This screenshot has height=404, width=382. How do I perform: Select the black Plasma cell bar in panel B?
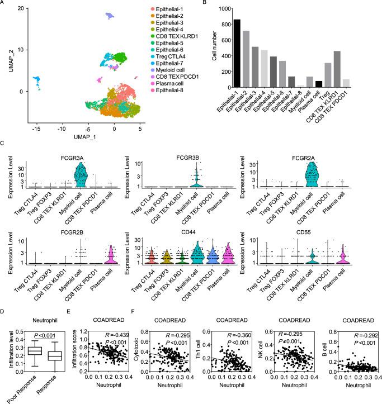(318, 84)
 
